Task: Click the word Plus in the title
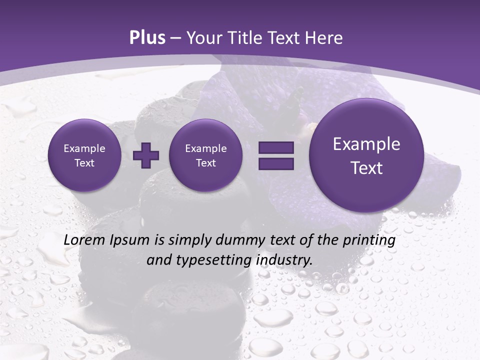pyautogui.click(x=147, y=38)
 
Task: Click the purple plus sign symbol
pyautogui.click(x=146, y=155)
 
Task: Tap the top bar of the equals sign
pyautogui.click(x=275, y=148)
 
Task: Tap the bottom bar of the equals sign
pyautogui.click(x=275, y=163)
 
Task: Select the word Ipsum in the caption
pyautogui.click(x=131, y=240)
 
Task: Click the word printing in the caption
pyautogui.click(x=369, y=240)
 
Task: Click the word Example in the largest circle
pyautogui.click(x=366, y=144)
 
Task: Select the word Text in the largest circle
pyautogui.click(x=366, y=168)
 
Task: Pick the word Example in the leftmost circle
pyautogui.click(x=84, y=148)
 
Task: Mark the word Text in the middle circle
pyautogui.click(x=205, y=163)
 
